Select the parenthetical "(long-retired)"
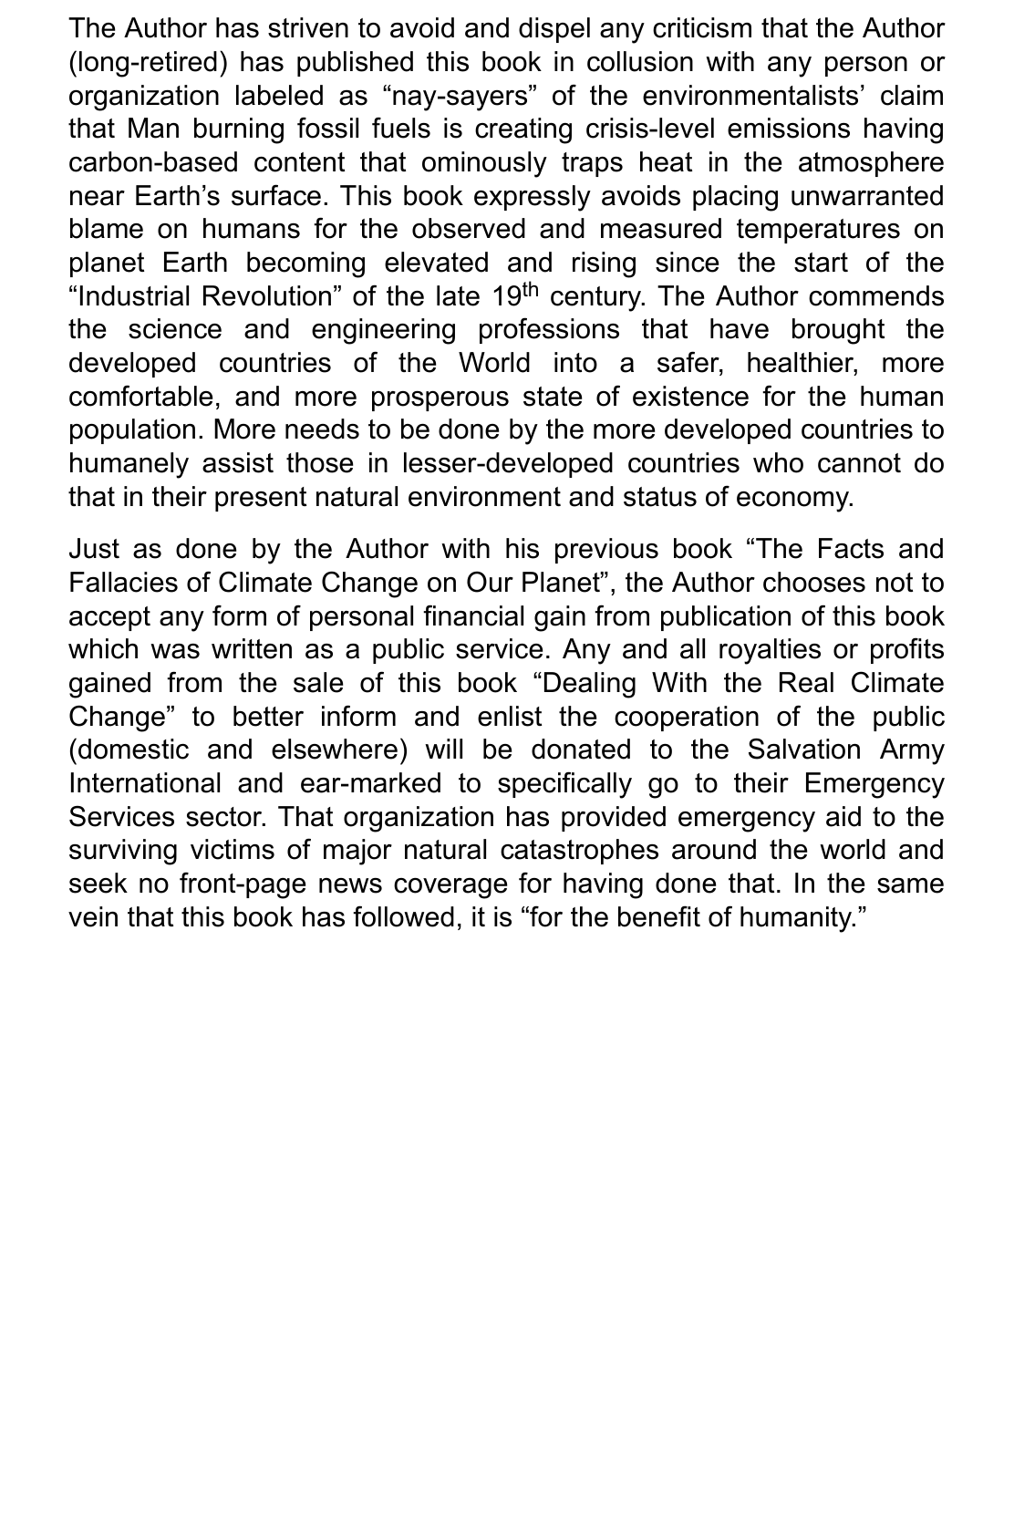click(148, 62)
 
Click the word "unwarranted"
click(867, 196)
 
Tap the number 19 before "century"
click(505, 296)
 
